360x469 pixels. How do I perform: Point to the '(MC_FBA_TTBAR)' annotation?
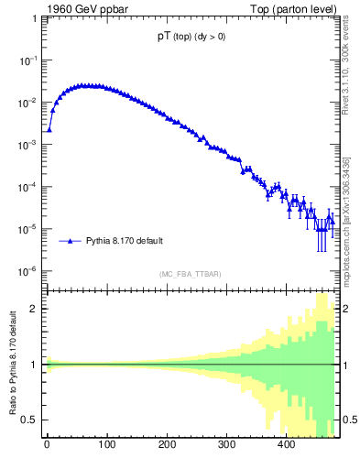(x=191, y=275)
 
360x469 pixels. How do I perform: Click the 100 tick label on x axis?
(x=106, y=446)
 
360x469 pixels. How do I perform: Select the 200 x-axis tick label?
(x=166, y=446)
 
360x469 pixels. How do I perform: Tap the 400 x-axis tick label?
(x=286, y=446)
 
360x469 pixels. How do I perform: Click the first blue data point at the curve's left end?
(x=49, y=129)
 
